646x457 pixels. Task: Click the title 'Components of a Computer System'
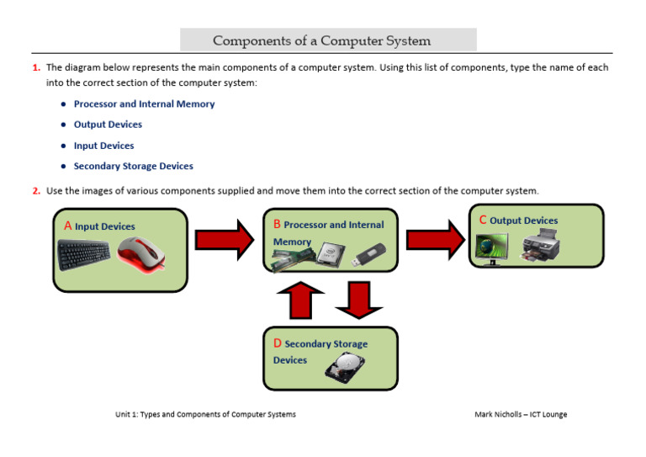(x=322, y=40)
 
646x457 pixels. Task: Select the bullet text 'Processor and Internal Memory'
(x=144, y=104)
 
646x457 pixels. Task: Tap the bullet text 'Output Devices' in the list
(x=108, y=125)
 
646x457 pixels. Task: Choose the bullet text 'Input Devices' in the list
(x=103, y=146)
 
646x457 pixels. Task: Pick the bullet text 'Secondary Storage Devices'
(x=133, y=166)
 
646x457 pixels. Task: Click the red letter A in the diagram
(x=67, y=226)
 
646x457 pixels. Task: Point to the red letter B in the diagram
(x=277, y=224)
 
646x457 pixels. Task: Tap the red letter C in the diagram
(x=483, y=220)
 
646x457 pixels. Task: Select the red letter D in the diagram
(x=278, y=343)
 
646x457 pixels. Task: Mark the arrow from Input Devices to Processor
(x=224, y=240)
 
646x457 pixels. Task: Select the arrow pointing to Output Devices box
(x=435, y=240)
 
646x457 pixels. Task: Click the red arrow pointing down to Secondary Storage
(x=359, y=300)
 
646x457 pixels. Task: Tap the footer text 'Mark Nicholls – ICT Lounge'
(x=521, y=415)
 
